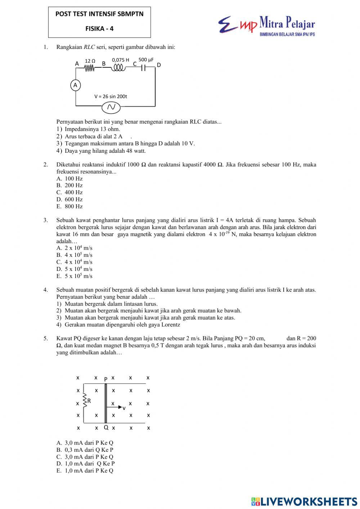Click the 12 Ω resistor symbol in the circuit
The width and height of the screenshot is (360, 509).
90,68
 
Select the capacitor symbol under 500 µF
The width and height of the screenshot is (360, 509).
143,68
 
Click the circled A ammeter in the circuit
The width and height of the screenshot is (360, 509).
75,85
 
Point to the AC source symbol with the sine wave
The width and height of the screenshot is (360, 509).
111,107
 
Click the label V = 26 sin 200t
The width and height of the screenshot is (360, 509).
111,97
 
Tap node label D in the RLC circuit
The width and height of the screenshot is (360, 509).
159,65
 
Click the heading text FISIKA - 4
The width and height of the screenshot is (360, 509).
99,29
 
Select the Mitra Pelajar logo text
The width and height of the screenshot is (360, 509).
287,24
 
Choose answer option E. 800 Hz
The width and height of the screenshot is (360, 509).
70,206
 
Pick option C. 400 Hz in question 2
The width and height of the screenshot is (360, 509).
70,192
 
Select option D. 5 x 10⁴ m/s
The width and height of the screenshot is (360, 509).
75,269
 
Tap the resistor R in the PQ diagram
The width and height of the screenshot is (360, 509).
85,401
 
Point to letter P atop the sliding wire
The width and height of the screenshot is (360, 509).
105,379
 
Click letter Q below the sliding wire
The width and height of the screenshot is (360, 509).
106,428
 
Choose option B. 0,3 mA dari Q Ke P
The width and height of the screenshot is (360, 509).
85,450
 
